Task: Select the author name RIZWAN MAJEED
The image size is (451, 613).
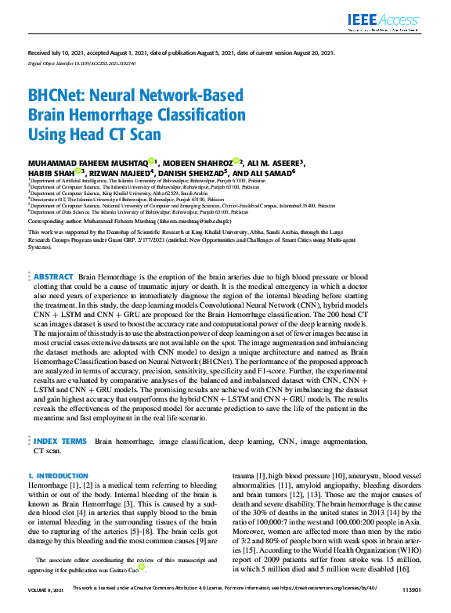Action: (x=128, y=173)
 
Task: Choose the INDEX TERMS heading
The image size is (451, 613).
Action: (x=60, y=442)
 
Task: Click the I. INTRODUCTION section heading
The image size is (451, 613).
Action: (x=60, y=476)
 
